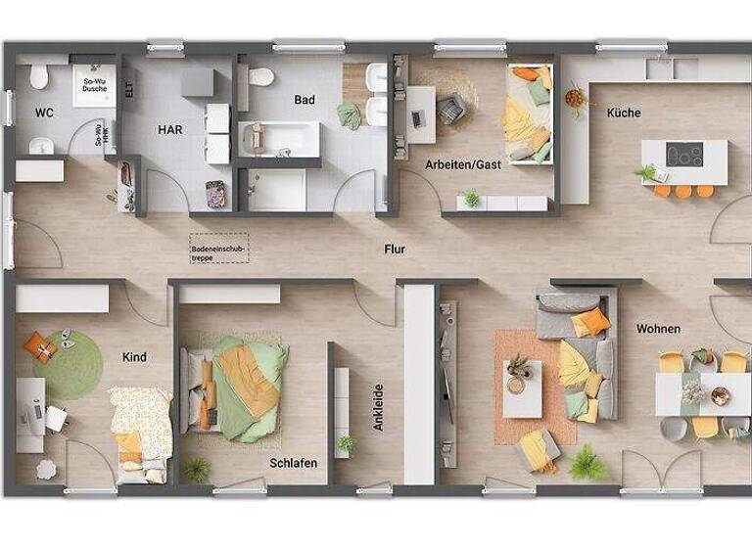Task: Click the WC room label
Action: [x=44, y=113]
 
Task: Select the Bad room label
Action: [x=305, y=99]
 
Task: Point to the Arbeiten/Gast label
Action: [x=462, y=164]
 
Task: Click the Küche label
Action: [x=624, y=113]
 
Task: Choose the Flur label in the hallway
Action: [x=395, y=250]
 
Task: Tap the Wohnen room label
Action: [x=657, y=329]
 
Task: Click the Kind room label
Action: [x=134, y=357]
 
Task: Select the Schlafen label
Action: [x=294, y=463]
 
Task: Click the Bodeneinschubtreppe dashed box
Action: [x=220, y=251]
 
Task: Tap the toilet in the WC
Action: [x=39, y=76]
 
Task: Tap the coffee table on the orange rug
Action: [x=521, y=376]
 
